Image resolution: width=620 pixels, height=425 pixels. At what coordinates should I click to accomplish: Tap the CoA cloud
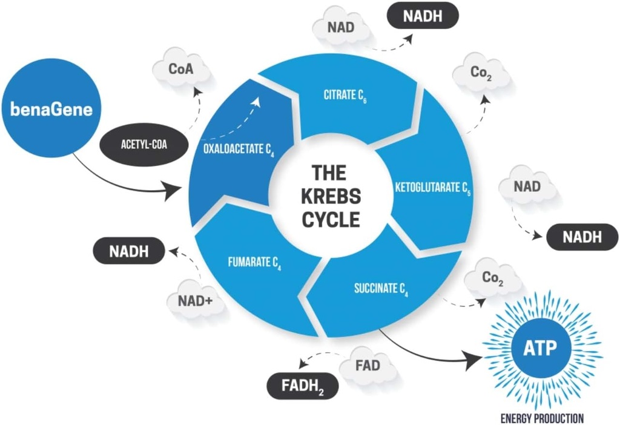tap(181, 68)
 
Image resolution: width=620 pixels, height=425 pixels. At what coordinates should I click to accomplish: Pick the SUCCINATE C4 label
tap(381, 288)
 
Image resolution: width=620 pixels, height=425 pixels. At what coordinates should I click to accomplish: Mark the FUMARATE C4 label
tap(254, 263)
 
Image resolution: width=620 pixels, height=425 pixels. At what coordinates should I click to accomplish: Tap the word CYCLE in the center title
tap(331, 219)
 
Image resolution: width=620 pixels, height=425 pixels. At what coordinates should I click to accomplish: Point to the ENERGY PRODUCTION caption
tap(542, 418)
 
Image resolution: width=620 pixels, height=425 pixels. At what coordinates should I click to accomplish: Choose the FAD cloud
tap(368, 366)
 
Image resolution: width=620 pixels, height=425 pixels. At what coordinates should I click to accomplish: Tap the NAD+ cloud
tap(194, 298)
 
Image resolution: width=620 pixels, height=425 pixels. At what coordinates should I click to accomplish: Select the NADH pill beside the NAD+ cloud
tap(129, 251)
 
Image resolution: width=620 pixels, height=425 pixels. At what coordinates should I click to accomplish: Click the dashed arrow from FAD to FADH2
tap(318, 358)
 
